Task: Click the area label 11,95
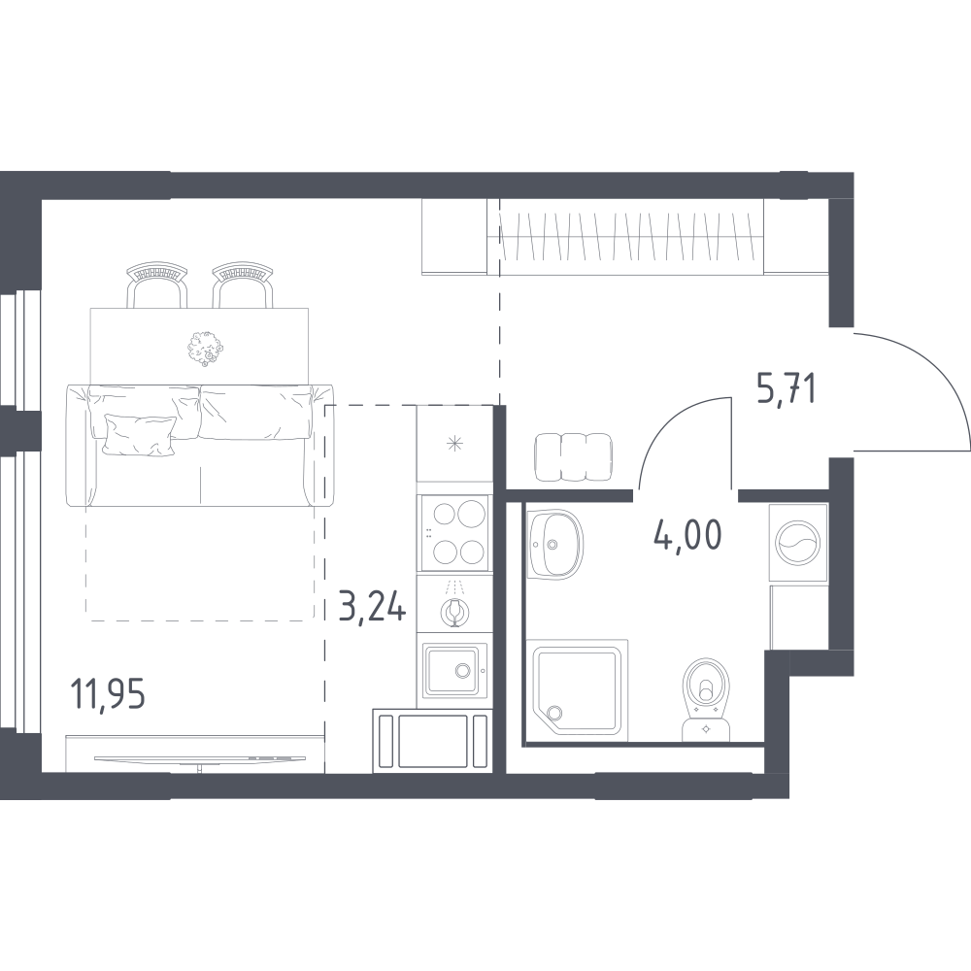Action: tap(109, 693)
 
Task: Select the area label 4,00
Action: tap(687, 534)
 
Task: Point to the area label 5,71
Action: tap(786, 389)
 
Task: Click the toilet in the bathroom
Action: tap(707, 698)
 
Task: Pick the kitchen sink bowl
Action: tap(451, 669)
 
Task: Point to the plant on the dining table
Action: tap(204, 348)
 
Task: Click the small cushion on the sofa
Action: tap(139, 435)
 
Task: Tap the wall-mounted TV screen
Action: tap(199, 758)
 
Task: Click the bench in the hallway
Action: tap(574, 456)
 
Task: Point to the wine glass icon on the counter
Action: tap(454, 611)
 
